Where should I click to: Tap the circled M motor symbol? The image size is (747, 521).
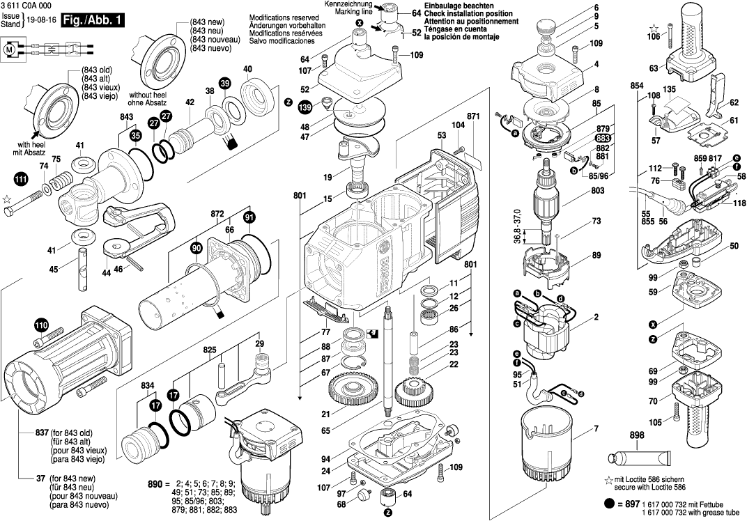(10, 49)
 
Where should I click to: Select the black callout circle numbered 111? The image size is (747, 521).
(22, 180)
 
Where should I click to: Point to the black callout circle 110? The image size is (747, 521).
(41, 325)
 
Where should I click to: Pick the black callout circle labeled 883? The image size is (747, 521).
(603, 139)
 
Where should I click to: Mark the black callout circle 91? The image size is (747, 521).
(249, 218)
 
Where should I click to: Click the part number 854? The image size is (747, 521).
(636, 86)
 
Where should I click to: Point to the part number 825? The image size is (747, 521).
(210, 349)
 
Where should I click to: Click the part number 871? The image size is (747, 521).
(474, 115)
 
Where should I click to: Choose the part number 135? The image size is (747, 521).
(669, 89)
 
